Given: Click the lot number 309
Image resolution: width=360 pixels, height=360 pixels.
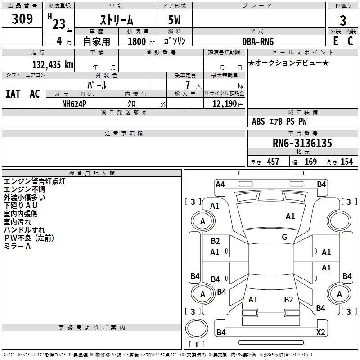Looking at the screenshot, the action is click(22, 18).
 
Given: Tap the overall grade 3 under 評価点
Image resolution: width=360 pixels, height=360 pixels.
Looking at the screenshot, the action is click(343, 20).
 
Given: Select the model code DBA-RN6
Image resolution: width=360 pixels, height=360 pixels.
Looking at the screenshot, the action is click(258, 41).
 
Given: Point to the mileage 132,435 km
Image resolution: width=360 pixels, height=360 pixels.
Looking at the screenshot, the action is click(53, 64).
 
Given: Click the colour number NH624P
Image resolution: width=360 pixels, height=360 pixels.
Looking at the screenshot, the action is click(74, 104).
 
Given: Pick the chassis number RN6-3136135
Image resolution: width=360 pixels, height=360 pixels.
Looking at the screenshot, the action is click(302, 143).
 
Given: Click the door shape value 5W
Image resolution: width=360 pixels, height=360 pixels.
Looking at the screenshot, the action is click(174, 20).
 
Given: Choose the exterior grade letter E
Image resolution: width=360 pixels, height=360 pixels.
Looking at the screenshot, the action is click(335, 41).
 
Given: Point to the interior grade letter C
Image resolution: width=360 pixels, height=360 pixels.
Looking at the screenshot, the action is click(350, 41).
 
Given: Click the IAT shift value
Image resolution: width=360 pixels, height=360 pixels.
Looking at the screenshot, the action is click(13, 94).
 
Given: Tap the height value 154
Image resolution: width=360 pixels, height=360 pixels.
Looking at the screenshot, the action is click(346, 162).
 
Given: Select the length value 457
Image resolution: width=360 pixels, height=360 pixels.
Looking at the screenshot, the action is click(273, 162).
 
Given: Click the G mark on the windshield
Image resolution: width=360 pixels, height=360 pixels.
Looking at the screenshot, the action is click(284, 237).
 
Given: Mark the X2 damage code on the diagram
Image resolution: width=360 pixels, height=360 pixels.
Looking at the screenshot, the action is click(320, 332).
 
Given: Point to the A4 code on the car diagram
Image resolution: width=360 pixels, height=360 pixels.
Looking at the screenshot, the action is click(220, 184).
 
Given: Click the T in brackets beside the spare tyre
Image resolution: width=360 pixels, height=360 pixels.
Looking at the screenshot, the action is click(197, 344).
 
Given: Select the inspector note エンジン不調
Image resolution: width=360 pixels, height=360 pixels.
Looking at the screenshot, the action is click(24, 189).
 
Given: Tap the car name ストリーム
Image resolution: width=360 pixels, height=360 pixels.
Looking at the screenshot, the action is click(117, 20).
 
